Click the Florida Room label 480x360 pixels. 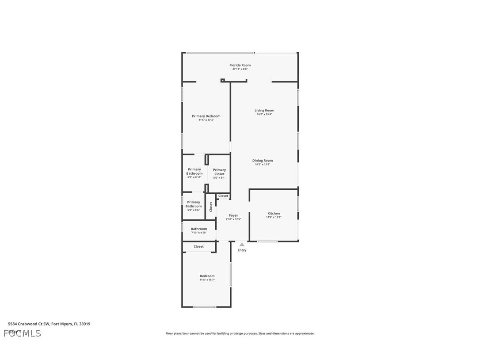(240, 65)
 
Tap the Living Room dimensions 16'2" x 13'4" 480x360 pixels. (264, 114)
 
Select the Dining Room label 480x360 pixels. (263, 161)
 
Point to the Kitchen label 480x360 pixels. (274, 214)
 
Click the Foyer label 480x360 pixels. (233, 215)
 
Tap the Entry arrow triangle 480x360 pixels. (242, 244)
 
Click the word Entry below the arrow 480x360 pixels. (242, 250)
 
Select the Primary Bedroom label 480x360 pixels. (206, 116)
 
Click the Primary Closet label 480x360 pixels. (219, 172)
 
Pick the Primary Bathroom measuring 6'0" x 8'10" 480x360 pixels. (194, 173)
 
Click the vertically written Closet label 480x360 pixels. (211, 207)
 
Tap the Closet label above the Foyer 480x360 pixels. (223, 196)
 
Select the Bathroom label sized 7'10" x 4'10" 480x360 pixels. (199, 229)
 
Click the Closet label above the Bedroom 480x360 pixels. (199, 246)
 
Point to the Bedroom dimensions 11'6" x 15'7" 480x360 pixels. (207, 280)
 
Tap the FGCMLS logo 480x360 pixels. (22, 333)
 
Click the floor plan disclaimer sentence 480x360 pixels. (240, 333)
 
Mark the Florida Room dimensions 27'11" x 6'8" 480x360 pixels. (240, 69)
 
